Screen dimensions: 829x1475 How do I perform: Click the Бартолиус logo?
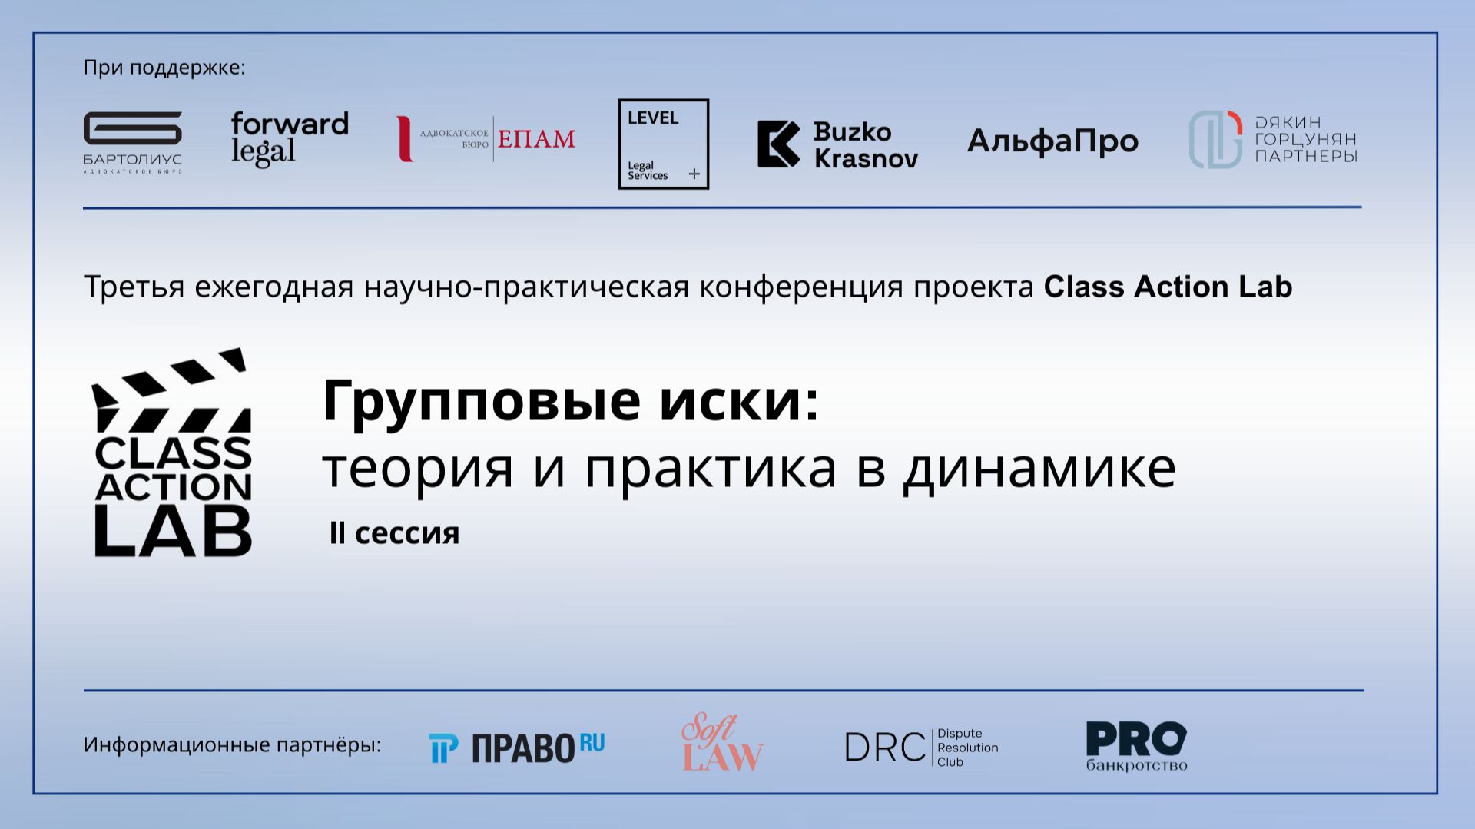point(132,141)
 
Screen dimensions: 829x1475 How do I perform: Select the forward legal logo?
point(290,138)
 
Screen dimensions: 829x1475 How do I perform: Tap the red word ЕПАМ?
point(536,139)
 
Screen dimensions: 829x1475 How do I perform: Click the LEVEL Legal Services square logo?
point(664,144)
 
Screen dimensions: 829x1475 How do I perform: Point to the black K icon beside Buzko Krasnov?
point(778,144)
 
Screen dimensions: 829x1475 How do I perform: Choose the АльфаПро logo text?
point(1052,141)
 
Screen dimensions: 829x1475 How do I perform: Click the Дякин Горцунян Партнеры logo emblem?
point(1215,139)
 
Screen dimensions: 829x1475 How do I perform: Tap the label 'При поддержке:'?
point(164,68)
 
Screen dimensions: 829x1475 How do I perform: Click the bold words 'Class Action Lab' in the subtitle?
point(1168,287)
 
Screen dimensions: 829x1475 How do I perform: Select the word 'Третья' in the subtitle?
point(134,287)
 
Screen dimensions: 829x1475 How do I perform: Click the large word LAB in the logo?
point(174,531)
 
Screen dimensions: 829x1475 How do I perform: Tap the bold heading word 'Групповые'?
point(482,401)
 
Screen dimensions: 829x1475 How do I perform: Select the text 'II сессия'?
point(394,533)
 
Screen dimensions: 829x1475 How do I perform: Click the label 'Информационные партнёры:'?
point(232,744)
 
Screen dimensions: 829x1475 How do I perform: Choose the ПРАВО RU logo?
point(516,748)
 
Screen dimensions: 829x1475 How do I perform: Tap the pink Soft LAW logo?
point(722,743)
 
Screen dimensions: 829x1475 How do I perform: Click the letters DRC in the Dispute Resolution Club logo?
point(885,748)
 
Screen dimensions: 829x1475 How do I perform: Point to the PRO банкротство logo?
point(1136,746)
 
